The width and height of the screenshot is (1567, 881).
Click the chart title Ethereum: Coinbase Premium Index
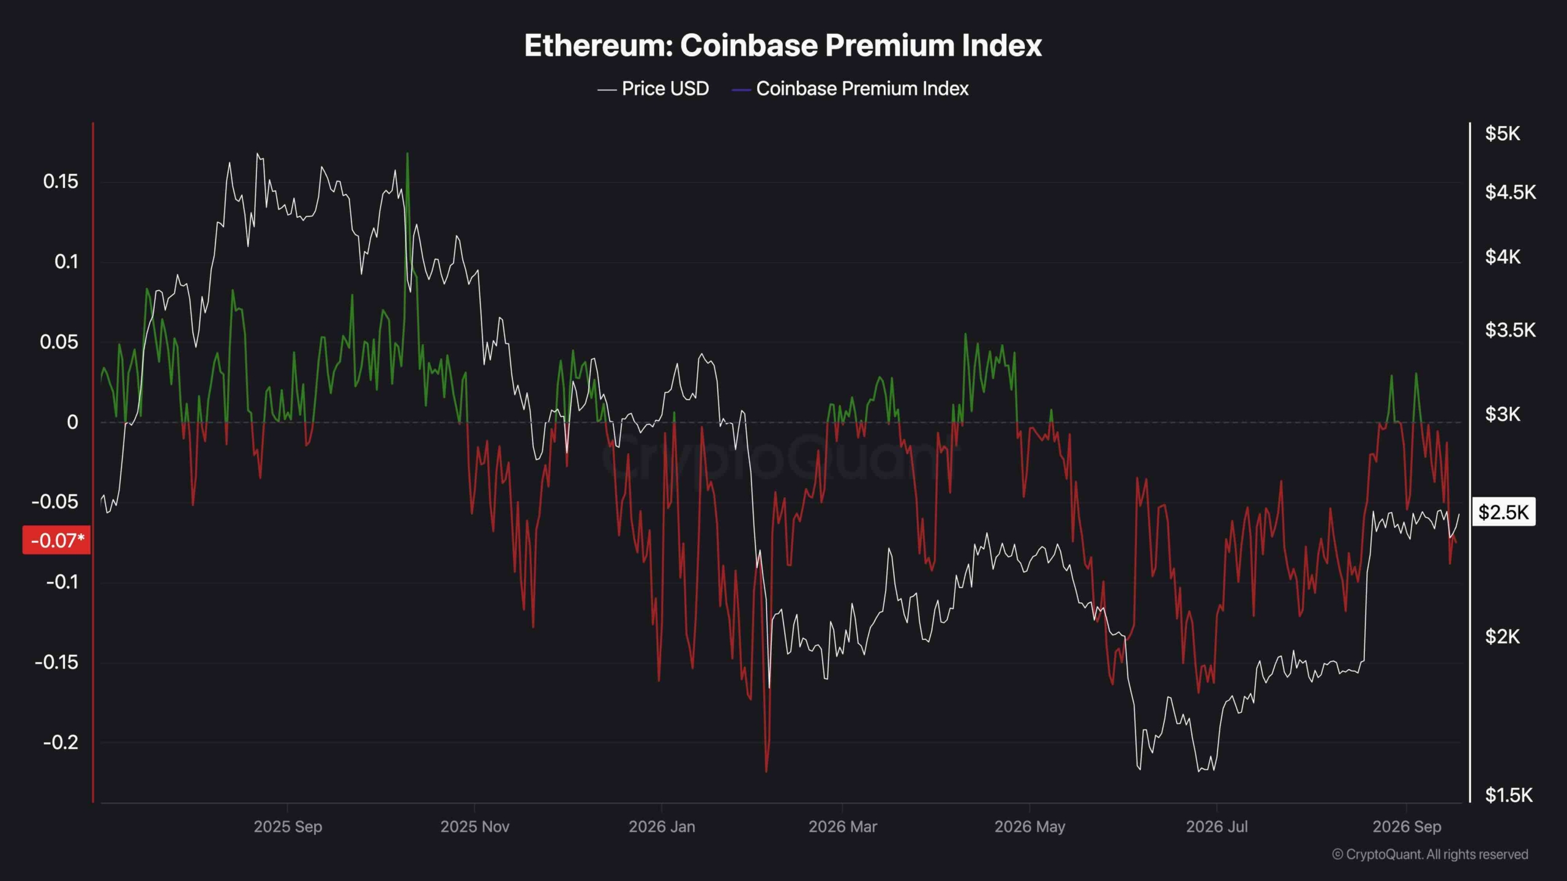pyautogui.click(x=783, y=45)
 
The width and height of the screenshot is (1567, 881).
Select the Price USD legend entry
pyautogui.click(x=653, y=89)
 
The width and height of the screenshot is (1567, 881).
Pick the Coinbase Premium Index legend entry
pyautogui.click(x=850, y=89)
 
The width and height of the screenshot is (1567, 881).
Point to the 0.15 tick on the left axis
pyautogui.click(x=61, y=181)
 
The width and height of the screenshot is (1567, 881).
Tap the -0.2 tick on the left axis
pyautogui.click(x=61, y=742)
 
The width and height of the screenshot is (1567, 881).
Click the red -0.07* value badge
pyautogui.click(x=57, y=540)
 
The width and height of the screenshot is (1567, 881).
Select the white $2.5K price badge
pyautogui.click(x=1503, y=512)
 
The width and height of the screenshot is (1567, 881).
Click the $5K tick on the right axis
pyautogui.click(x=1503, y=133)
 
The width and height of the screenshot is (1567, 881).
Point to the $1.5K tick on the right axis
pyautogui.click(x=1509, y=795)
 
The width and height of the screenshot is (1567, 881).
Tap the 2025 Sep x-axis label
pyautogui.click(x=288, y=827)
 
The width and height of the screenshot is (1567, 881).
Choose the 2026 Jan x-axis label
pyautogui.click(x=662, y=827)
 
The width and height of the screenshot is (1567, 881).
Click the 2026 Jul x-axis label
pyautogui.click(x=1217, y=827)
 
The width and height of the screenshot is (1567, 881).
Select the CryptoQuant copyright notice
pyautogui.click(x=1430, y=854)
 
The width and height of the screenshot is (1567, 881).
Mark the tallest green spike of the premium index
pyautogui.click(x=408, y=154)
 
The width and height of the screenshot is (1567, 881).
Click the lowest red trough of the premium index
pyautogui.click(x=766, y=770)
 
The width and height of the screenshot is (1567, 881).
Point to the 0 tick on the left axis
pyautogui.click(x=72, y=422)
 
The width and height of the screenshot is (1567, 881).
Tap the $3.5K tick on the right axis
pyautogui.click(x=1510, y=330)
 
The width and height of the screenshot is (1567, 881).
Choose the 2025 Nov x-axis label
pyautogui.click(x=475, y=827)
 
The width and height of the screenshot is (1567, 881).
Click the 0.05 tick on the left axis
pyautogui.click(x=59, y=342)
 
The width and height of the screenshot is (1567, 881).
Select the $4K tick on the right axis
pyautogui.click(x=1503, y=257)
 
